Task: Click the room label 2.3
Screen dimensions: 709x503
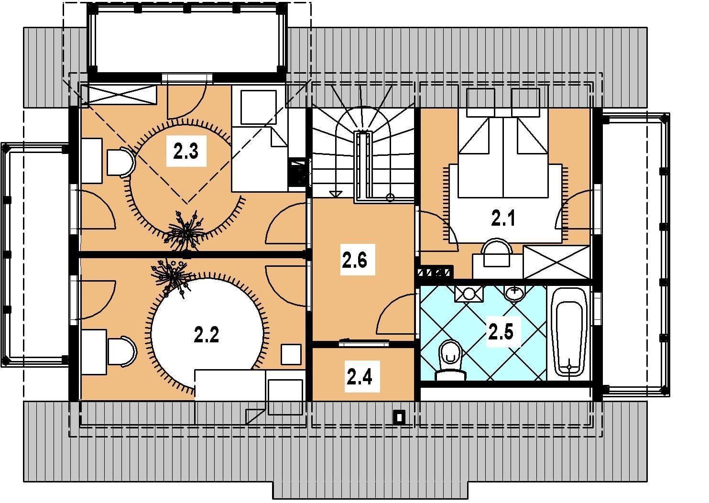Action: [x=186, y=151]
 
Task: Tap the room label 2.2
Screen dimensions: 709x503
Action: [x=207, y=335]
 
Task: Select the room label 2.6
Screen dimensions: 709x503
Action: [x=355, y=260]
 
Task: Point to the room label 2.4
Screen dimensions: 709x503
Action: [x=359, y=377]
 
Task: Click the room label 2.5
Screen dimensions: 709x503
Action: [x=501, y=332]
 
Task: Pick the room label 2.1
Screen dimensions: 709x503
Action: [x=503, y=219]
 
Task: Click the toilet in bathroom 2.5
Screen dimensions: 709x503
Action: [x=450, y=361]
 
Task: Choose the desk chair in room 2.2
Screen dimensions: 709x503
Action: [x=122, y=351]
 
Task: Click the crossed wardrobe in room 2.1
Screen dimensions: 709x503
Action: [x=556, y=262]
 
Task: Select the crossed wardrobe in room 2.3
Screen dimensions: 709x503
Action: [x=120, y=94]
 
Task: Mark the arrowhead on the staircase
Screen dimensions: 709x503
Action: [x=336, y=194]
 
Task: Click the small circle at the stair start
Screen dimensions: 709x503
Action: [x=390, y=198]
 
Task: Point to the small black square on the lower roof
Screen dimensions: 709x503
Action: [x=400, y=417]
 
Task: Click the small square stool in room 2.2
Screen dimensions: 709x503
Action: [x=291, y=354]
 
